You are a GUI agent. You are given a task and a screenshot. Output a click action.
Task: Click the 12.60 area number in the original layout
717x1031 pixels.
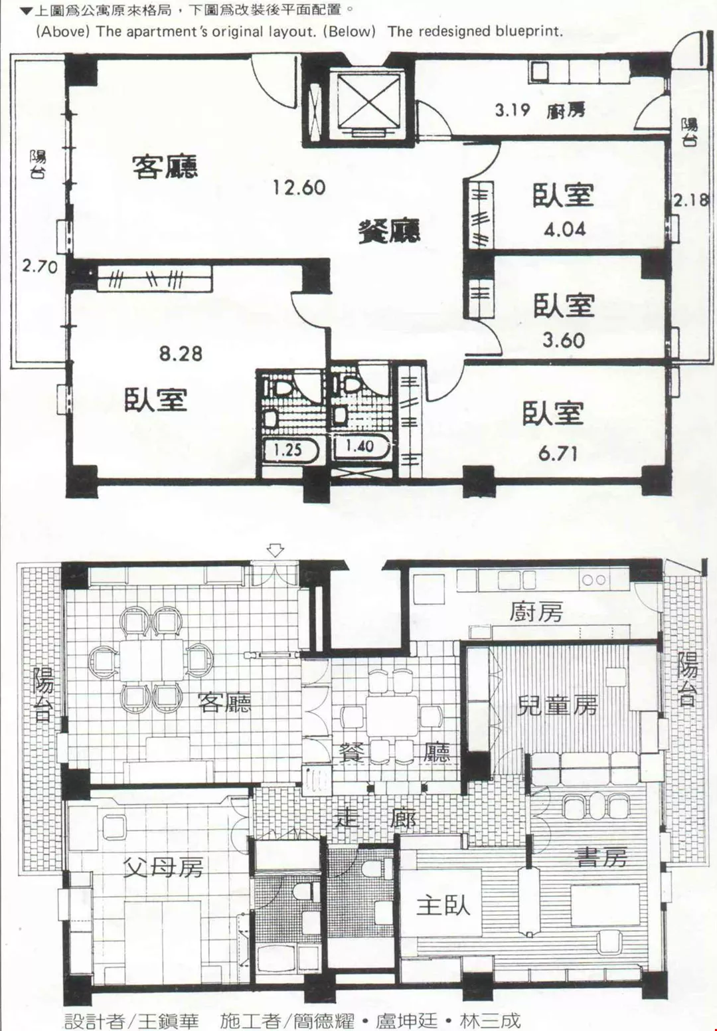299,188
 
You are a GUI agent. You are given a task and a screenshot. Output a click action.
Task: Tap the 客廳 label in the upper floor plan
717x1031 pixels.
165,167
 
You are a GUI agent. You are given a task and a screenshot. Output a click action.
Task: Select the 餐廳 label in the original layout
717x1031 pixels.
388,231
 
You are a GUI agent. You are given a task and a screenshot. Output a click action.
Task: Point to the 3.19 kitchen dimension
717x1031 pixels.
513,110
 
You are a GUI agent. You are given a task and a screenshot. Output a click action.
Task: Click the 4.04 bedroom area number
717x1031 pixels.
564,229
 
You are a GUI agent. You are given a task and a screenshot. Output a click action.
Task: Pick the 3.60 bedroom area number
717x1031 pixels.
564,341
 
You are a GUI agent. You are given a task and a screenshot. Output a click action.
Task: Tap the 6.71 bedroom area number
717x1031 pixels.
558,454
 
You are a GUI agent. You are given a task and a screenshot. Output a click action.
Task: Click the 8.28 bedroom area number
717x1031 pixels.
181,353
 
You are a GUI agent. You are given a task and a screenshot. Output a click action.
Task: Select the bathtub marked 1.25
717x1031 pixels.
289,450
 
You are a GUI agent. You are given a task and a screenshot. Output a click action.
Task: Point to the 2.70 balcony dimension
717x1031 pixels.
40,266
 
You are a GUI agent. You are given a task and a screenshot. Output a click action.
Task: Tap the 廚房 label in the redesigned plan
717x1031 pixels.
536,612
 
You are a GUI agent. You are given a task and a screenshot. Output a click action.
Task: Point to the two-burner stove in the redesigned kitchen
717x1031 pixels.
594,580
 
